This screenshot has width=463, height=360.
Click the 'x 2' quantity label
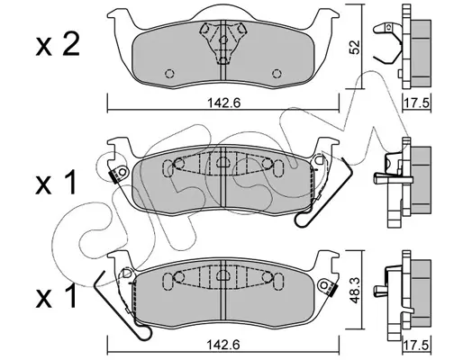point(58,46)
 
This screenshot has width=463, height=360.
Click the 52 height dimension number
point(355,47)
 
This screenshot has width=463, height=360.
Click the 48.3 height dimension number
point(355,290)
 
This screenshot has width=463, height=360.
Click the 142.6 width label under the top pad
point(224,103)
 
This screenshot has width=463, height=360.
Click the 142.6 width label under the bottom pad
point(224,345)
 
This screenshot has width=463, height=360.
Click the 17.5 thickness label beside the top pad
point(417,103)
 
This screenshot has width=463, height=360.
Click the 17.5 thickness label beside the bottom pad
point(417,345)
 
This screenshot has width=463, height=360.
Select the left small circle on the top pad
point(170,74)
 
